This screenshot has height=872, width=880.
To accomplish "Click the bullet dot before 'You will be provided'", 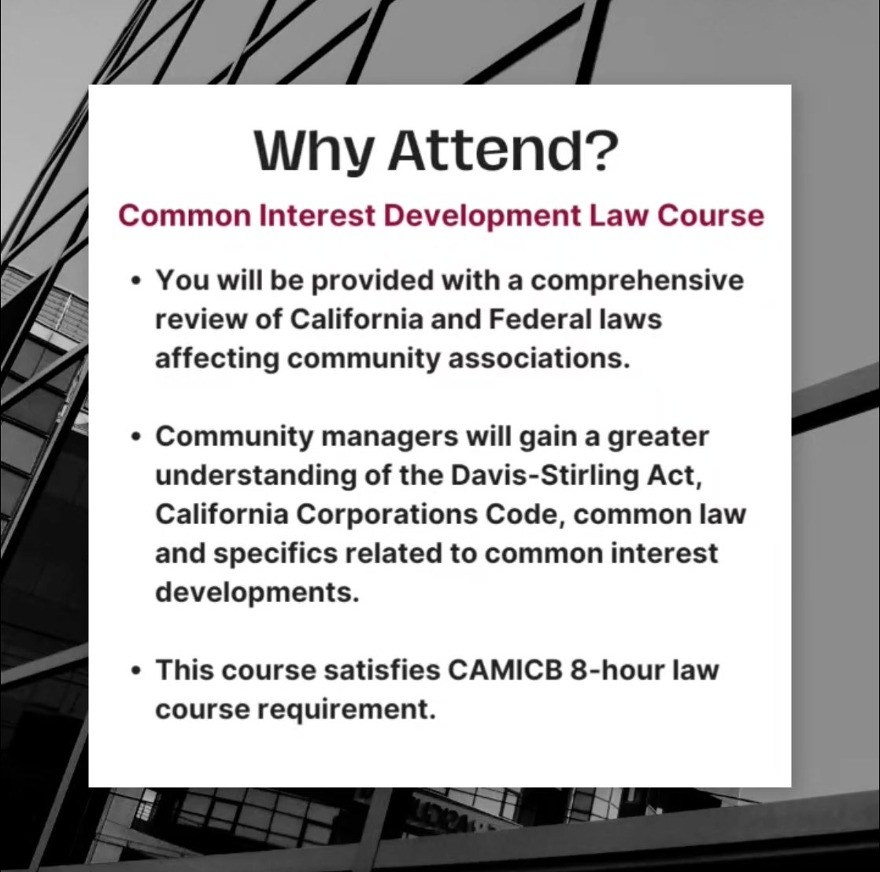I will click(138, 281).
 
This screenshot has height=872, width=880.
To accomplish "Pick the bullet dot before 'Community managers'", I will click(138, 436).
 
